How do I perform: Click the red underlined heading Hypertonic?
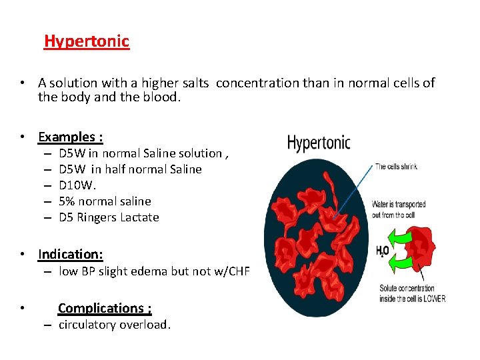coord(87,41)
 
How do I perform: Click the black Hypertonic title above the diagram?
coord(318,143)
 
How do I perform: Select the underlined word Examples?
coord(70,137)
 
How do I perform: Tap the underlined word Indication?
coord(70,254)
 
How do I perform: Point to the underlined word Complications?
coord(105,308)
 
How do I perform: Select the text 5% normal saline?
coord(105,201)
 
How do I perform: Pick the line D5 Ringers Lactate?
coord(109,217)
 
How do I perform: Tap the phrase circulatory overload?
coord(115,325)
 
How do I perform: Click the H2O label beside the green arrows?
coord(382,251)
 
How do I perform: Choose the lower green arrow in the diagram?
coord(400,265)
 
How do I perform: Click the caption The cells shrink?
coord(396,167)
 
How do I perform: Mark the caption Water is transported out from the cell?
coord(399,209)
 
